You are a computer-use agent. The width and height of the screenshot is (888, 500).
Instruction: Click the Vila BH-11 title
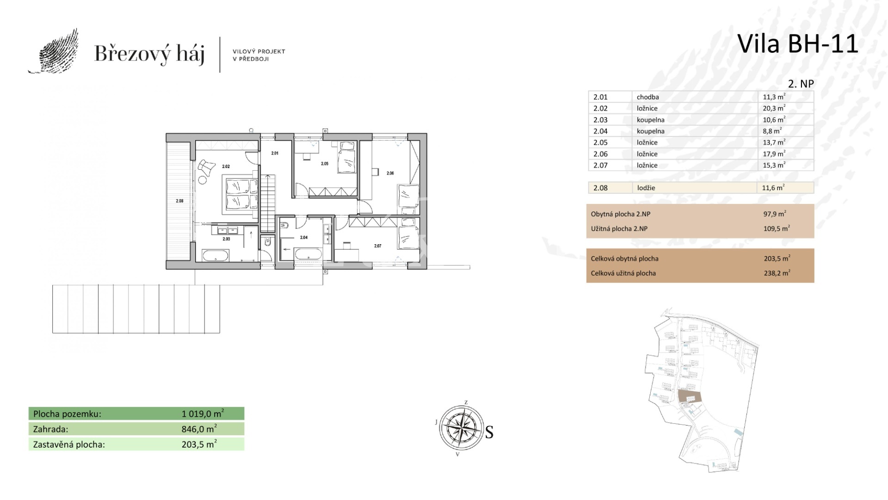(x=797, y=44)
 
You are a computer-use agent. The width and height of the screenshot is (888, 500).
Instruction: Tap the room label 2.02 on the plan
(x=226, y=167)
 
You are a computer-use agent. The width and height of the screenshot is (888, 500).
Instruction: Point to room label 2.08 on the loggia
(x=179, y=201)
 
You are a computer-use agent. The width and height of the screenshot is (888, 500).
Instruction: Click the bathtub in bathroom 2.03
(x=215, y=256)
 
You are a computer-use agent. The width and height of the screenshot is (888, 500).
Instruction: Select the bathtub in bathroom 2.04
(x=308, y=254)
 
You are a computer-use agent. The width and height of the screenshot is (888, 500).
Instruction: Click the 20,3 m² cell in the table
(x=774, y=108)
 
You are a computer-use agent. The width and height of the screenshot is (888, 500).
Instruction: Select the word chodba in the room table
(x=647, y=97)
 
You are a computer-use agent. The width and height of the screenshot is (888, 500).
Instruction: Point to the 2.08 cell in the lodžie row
(x=600, y=188)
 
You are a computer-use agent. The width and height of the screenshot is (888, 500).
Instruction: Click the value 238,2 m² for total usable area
(x=777, y=273)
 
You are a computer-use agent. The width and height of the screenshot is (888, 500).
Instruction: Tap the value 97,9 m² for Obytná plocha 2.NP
(x=775, y=214)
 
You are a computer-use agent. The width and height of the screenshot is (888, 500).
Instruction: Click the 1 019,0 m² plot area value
(x=203, y=414)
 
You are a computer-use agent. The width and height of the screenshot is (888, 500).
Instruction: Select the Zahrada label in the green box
(x=51, y=429)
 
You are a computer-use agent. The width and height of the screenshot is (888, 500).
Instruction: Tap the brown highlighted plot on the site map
(x=690, y=396)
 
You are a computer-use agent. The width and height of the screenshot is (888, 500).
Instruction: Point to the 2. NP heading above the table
(x=801, y=84)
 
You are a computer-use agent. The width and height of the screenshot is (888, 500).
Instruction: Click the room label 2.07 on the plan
(x=378, y=246)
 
